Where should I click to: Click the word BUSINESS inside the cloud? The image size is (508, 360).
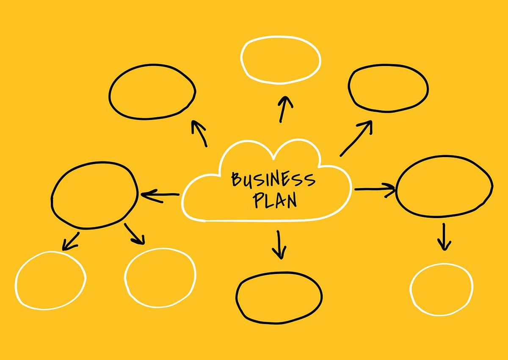pos(273,180)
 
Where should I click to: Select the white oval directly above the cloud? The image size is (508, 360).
pos(280,59)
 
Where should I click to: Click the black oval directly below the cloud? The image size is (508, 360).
pos(279,296)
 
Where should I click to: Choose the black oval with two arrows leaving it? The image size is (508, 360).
pos(94,195)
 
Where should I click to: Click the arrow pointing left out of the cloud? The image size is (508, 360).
pos(160,195)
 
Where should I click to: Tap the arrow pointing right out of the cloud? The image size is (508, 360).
pos(374,189)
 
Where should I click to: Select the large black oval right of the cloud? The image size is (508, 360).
pos(444,187)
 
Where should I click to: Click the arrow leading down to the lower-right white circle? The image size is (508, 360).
pos(444,237)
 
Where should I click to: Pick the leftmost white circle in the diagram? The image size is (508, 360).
pos(50,280)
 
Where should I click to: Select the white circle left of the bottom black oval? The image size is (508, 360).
pos(160,277)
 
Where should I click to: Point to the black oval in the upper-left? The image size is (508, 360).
pos(152,91)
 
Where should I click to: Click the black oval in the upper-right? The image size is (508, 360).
pos(388,88)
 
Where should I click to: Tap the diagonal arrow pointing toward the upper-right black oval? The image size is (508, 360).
pos(356,138)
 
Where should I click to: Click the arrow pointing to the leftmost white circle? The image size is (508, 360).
pos(71,241)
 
